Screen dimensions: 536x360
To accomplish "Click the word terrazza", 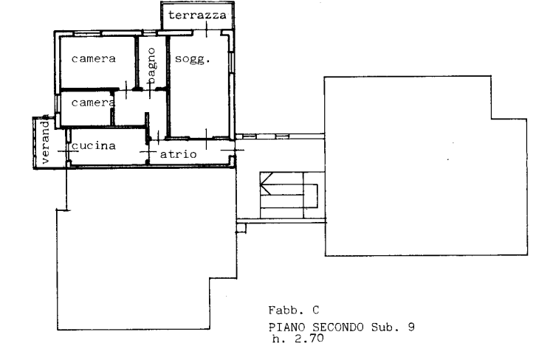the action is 197,15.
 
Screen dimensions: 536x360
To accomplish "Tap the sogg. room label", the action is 193,59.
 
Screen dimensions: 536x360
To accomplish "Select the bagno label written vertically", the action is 151,65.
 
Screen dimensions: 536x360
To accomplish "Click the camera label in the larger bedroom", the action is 93,59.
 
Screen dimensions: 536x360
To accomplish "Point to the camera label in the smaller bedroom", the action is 92,103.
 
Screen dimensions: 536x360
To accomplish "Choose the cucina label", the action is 93,146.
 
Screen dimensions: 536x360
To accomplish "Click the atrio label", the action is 178,154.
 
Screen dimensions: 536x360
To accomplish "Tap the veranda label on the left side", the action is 45,142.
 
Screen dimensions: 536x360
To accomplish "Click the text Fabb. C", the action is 294,310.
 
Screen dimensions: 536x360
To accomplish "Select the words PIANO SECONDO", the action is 316,328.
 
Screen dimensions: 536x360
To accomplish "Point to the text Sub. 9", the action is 393,328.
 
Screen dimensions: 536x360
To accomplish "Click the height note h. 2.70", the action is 298,339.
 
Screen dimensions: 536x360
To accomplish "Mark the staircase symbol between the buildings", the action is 289,195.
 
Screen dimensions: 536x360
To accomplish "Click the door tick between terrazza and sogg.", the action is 207,30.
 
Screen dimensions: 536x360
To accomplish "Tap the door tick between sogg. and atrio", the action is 206,139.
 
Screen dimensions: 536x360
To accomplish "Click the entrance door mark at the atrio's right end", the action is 233,150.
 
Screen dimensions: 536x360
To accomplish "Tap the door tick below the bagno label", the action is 150,91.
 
